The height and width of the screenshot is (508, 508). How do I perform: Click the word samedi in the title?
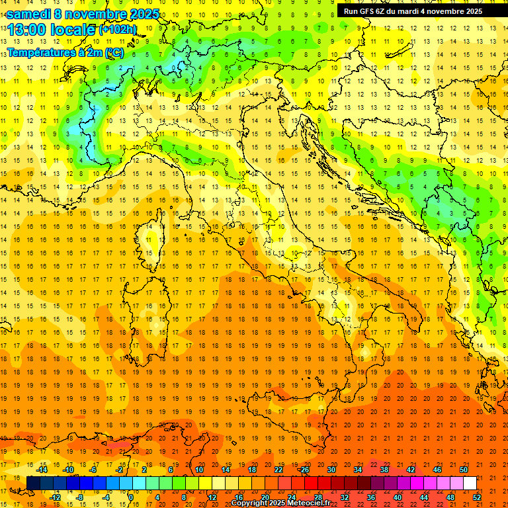tap(28, 14)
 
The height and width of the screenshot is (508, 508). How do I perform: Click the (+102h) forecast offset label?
tap(117, 30)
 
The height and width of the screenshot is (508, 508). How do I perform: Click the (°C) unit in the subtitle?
tap(114, 52)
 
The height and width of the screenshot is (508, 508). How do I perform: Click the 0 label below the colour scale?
tap(131, 497)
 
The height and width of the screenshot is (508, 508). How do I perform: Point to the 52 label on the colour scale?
tap(477, 497)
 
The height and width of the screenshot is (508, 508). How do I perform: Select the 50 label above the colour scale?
tap(464, 470)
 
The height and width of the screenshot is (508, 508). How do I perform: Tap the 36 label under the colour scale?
tap(370, 497)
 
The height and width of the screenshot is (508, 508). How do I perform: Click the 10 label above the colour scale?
tap(198, 470)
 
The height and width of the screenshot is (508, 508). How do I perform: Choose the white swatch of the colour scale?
tap(470, 483)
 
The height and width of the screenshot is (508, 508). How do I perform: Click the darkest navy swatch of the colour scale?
tap(33, 483)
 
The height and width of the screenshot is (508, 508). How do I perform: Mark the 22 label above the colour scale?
tap(278, 470)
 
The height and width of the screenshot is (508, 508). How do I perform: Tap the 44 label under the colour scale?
tap(424, 497)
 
